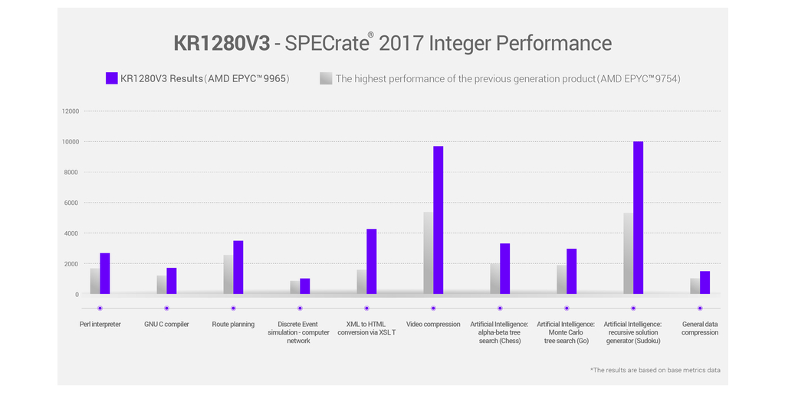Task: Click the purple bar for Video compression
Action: tap(438, 220)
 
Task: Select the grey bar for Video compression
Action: tap(428, 253)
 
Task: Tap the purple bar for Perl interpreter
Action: tap(105, 273)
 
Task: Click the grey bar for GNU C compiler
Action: tap(162, 285)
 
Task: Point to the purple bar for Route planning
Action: tap(238, 267)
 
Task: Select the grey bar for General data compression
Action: tap(695, 286)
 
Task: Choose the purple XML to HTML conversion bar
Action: tap(371, 261)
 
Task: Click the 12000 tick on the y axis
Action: tap(71, 111)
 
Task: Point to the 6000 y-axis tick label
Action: tap(71, 203)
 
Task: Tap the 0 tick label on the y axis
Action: tap(77, 294)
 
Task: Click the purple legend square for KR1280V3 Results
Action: tap(111, 78)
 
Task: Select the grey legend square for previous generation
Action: tap(326, 78)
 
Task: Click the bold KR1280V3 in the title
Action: tap(222, 43)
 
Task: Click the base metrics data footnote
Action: tap(655, 370)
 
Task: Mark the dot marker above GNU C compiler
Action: tap(166, 308)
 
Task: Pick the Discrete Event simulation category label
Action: tap(299, 332)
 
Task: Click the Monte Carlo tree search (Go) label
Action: tap(567, 332)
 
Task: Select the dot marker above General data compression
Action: tap(700, 308)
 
